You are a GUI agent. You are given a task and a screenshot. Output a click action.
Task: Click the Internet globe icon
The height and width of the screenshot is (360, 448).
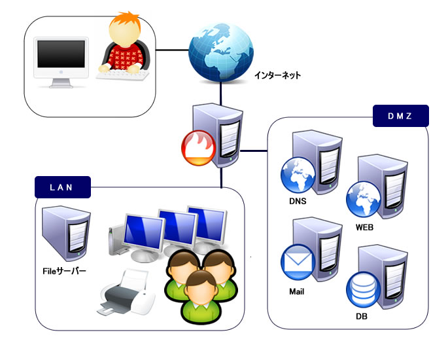tap(220, 50)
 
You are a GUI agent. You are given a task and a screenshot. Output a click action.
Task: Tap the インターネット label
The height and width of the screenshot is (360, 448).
tap(278, 75)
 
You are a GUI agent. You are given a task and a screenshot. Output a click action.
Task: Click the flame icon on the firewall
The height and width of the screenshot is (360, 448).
tap(194, 148)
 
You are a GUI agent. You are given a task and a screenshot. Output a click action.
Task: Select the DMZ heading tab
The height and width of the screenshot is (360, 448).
tap(400, 117)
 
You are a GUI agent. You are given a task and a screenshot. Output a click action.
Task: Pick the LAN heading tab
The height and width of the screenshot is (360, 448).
tap(61, 187)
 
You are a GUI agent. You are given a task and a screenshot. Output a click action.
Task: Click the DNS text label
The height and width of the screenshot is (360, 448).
tap(298, 201)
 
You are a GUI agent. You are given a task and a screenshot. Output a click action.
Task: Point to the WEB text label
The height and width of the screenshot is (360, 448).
tap(364, 228)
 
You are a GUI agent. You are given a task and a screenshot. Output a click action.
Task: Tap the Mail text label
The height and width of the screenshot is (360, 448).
tap(296, 291)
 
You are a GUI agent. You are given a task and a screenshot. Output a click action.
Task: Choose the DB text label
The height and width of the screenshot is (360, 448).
tap(361, 317)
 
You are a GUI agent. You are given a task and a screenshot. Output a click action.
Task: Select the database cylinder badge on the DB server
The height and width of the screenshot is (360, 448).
tap(361, 290)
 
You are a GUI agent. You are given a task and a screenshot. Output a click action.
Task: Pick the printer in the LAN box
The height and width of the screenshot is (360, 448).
tap(127, 293)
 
